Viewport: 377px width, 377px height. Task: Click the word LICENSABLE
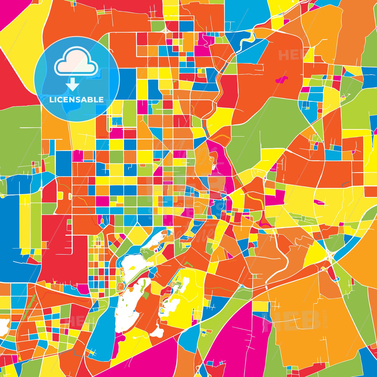[76, 99]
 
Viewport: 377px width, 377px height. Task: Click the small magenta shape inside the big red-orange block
[281, 79]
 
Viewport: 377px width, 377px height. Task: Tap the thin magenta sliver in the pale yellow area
[319, 202]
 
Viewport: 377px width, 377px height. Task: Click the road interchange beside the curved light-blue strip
[330, 255]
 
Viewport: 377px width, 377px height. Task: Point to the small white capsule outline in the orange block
[70, 196]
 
